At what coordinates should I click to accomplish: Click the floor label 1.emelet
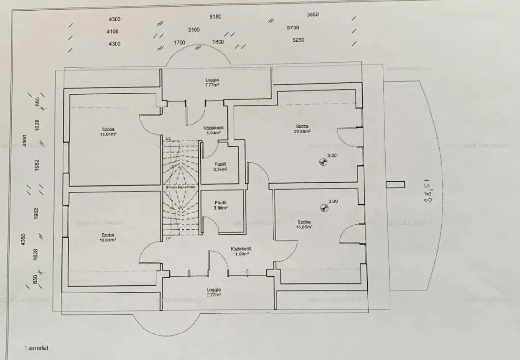(37, 347)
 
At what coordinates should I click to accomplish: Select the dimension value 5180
(216, 17)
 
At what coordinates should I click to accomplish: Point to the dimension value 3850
(313, 15)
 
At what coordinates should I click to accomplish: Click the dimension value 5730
(293, 28)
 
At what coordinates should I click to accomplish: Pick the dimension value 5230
(298, 40)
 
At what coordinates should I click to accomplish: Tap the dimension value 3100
(194, 30)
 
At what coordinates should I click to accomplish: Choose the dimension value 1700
(179, 43)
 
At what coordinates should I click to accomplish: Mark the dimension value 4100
(113, 32)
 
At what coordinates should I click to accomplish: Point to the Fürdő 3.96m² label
(221, 205)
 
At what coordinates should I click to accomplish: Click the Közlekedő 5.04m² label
(212, 130)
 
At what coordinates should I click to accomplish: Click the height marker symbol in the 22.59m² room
(323, 162)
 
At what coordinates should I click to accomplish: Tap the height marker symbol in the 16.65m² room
(324, 208)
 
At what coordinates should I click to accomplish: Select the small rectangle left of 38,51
(395, 184)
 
